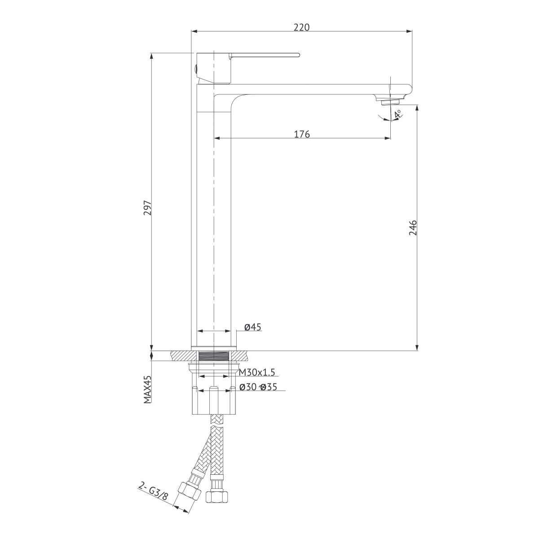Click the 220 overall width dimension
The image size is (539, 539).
point(301,27)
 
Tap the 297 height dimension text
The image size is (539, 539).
point(147,208)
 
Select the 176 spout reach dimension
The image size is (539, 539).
point(302,134)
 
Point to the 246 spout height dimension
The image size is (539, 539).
point(413,228)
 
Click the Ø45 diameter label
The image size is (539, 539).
point(252,327)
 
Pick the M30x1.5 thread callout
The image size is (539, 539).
point(257,372)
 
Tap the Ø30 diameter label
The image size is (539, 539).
point(248,387)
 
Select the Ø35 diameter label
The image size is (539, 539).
point(269,387)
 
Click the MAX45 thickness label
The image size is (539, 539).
point(147,389)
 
